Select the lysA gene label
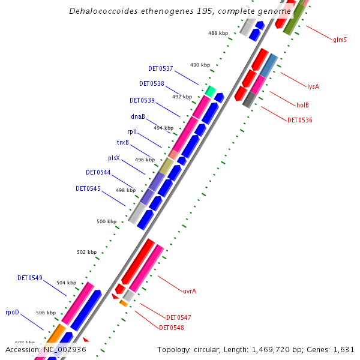click(x=313, y=86)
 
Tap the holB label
click(x=302, y=105)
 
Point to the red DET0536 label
click(x=299, y=120)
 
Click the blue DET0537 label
click(x=161, y=68)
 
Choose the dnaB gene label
click(x=137, y=116)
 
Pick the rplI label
click(x=132, y=131)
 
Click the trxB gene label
click(x=122, y=142)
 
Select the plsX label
click(x=114, y=158)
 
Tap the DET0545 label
click(x=88, y=188)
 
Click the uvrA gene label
click(x=190, y=291)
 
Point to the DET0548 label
click(x=172, y=328)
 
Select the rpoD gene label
click(x=13, y=312)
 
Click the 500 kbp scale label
click(x=106, y=221)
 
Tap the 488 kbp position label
click(x=218, y=33)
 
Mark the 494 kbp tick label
click(x=163, y=128)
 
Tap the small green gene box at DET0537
click(x=210, y=91)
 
